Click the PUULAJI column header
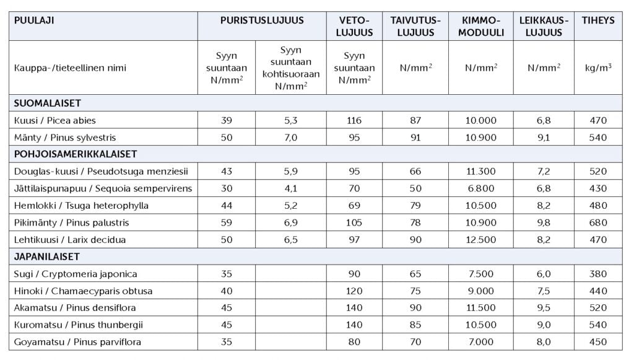(x=34, y=20)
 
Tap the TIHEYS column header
(x=597, y=20)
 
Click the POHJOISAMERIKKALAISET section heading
(x=75, y=154)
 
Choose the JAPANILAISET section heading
(x=49, y=256)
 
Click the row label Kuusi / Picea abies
(x=54, y=120)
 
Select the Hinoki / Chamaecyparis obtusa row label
(x=83, y=291)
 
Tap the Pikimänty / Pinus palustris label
(x=71, y=222)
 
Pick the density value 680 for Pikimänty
(x=597, y=222)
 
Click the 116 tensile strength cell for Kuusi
(x=354, y=120)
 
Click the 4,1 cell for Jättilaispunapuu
(x=291, y=188)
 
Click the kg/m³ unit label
(x=597, y=68)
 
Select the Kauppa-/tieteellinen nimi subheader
(x=70, y=68)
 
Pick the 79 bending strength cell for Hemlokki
(x=415, y=205)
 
